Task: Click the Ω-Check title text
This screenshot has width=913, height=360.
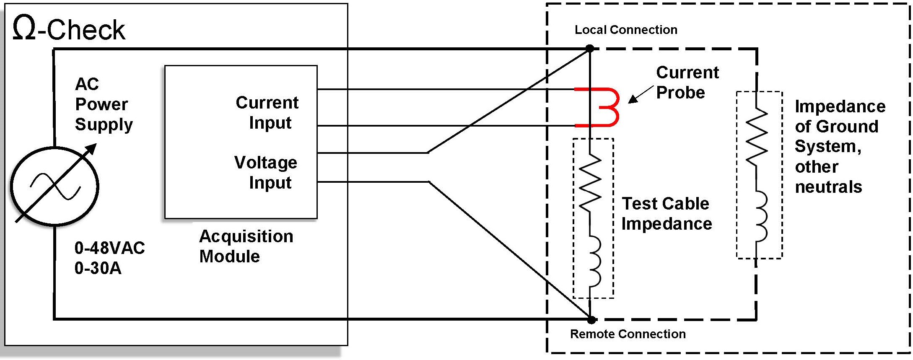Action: click(x=69, y=29)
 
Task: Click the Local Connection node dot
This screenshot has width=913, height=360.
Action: click(x=590, y=49)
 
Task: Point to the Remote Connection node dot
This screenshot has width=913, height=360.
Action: click(x=591, y=320)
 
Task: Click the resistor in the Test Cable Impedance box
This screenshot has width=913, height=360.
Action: click(x=590, y=183)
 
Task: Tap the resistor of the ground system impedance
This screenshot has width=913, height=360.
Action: click(x=757, y=136)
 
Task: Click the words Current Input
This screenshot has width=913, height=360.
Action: click(x=267, y=112)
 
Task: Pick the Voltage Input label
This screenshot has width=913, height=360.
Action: click(x=266, y=172)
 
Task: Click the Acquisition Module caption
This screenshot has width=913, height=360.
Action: click(x=246, y=246)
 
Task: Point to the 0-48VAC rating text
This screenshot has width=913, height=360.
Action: click(x=110, y=248)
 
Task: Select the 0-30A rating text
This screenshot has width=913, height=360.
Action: click(x=98, y=268)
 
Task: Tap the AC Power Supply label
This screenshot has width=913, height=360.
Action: click(x=104, y=104)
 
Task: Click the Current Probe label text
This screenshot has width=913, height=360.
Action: click(x=687, y=82)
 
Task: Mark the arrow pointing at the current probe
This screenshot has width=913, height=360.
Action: click(x=641, y=94)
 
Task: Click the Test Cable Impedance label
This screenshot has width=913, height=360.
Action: click(x=667, y=213)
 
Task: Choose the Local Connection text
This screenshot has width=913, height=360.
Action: click(x=626, y=30)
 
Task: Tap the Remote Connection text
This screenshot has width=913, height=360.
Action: click(x=628, y=334)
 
